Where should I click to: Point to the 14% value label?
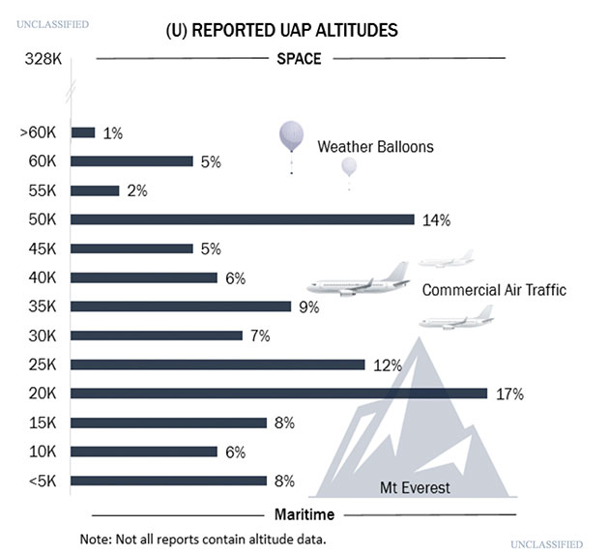(437, 219)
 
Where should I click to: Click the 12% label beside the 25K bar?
(388, 365)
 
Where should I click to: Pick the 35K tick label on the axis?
(43, 307)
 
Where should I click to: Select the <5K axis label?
(43, 481)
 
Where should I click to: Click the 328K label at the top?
(43, 59)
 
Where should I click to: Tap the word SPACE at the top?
(299, 58)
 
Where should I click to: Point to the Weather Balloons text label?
(375, 147)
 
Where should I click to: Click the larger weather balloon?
(291, 137)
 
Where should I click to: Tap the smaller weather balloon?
(349, 167)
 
